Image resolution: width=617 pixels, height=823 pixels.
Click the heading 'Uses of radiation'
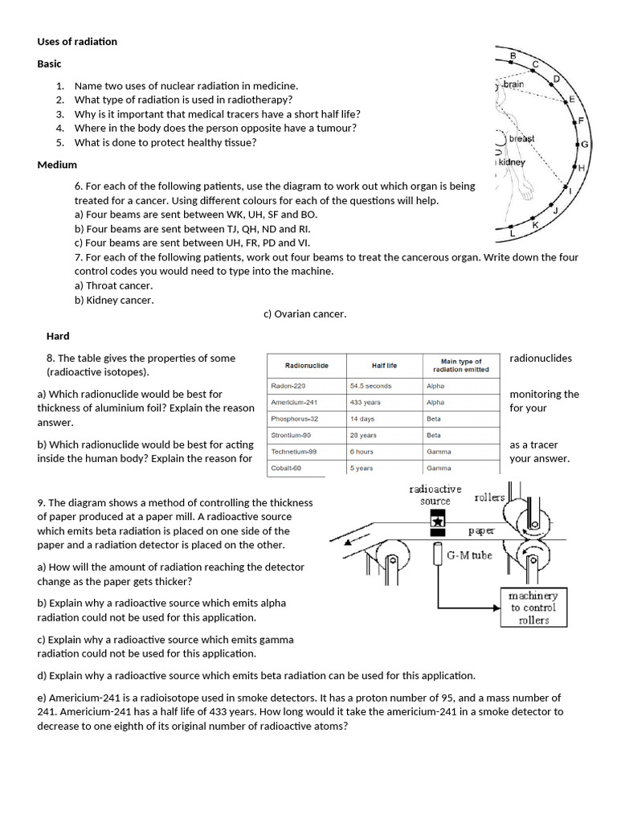click(77, 41)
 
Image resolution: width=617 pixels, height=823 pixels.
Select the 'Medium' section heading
click(57, 165)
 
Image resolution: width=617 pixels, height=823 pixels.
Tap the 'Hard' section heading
click(58, 336)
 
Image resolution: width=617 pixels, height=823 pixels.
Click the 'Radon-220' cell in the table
click(288, 386)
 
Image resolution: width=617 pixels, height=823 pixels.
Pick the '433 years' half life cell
click(366, 402)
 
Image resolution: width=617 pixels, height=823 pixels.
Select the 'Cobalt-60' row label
click(287, 468)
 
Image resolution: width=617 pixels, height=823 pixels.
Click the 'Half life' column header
click(384, 366)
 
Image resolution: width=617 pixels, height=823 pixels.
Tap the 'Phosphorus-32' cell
click(295, 419)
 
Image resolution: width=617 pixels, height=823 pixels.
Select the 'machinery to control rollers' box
click(533, 608)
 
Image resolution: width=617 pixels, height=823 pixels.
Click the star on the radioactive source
click(439, 521)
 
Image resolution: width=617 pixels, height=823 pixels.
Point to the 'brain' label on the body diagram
click(513, 84)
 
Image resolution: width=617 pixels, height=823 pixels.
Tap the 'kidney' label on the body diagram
click(512, 162)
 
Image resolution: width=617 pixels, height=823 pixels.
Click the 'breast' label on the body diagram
click(521, 138)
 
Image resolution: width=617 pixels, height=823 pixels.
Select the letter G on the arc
click(585, 145)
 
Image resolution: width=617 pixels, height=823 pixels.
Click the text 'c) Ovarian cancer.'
click(304, 313)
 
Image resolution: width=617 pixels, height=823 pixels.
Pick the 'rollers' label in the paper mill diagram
click(489, 497)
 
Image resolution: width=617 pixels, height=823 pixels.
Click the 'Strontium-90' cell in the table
click(290, 435)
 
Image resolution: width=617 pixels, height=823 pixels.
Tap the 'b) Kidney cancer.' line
click(114, 300)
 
